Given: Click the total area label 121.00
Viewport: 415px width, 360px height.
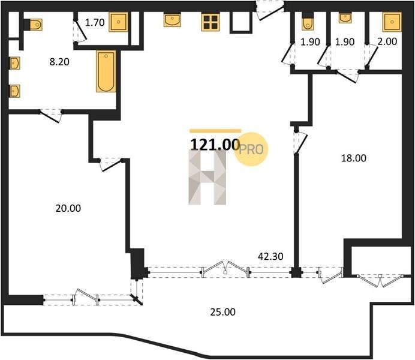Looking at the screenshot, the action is pyautogui.click(x=215, y=145).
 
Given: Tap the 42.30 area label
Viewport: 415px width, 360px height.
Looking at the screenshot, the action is pyautogui.click(x=270, y=256).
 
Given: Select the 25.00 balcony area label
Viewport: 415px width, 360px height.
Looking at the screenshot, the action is pyautogui.click(x=223, y=312).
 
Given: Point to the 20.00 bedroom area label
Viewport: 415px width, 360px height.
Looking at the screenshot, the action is pyautogui.click(x=68, y=208).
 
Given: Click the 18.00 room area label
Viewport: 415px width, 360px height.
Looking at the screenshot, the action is pyautogui.click(x=354, y=158).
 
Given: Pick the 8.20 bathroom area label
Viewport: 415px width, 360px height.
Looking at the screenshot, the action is pyautogui.click(x=59, y=62).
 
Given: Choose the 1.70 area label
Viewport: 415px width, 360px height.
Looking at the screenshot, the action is pyautogui.click(x=95, y=23).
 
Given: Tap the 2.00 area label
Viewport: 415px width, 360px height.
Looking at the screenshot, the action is pyautogui.click(x=387, y=41).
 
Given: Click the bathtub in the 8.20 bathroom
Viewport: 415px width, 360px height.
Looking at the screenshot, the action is pyautogui.click(x=106, y=71).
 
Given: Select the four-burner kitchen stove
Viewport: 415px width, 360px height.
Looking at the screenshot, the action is pyautogui.click(x=210, y=22).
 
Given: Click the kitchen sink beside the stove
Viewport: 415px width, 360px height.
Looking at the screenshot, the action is pyautogui.click(x=172, y=20).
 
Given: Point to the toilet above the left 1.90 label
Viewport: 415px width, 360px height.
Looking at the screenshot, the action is pyautogui.click(x=308, y=22).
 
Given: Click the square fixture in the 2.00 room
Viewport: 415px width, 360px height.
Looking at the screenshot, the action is pyautogui.click(x=392, y=22).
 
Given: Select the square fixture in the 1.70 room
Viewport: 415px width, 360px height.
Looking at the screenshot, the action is pyautogui.click(x=118, y=22).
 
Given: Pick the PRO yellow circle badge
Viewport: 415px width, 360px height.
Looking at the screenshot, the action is pyautogui.click(x=251, y=149).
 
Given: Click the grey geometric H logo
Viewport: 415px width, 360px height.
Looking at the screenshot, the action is pyautogui.click(x=207, y=177).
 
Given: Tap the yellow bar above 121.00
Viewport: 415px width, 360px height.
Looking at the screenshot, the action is pyautogui.click(x=215, y=131).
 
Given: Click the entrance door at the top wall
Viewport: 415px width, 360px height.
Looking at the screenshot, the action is pyautogui.click(x=270, y=10).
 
